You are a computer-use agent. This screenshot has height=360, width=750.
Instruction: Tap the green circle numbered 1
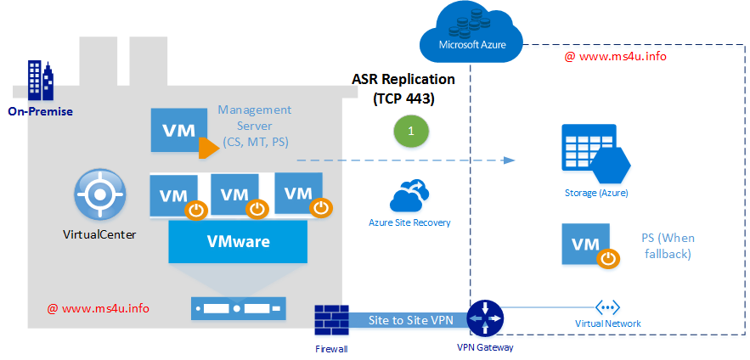pos(411,132)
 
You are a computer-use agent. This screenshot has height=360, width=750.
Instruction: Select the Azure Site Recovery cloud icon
pos(409,197)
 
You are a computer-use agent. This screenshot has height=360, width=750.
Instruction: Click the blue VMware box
pos(238,241)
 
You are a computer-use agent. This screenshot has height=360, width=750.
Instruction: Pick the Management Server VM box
pos(177,131)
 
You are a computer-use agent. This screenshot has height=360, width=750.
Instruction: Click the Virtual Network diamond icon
pos(608,307)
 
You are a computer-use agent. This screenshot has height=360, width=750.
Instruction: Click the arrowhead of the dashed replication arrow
pos(509,160)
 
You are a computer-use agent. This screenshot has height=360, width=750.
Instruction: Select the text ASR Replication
pos(403,79)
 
